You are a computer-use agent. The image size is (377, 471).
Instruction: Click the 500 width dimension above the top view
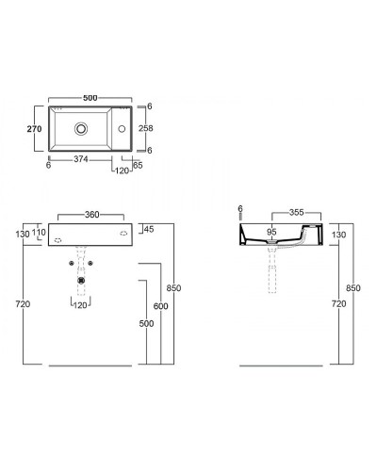click(x=90, y=99)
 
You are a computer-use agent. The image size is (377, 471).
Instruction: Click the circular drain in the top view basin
click(x=81, y=127)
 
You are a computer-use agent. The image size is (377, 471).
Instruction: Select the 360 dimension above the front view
click(x=90, y=215)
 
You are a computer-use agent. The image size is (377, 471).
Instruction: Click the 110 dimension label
click(x=41, y=232)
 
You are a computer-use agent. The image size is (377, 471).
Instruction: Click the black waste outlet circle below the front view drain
click(x=81, y=281)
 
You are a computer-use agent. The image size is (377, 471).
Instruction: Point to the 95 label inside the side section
click(x=270, y=231)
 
